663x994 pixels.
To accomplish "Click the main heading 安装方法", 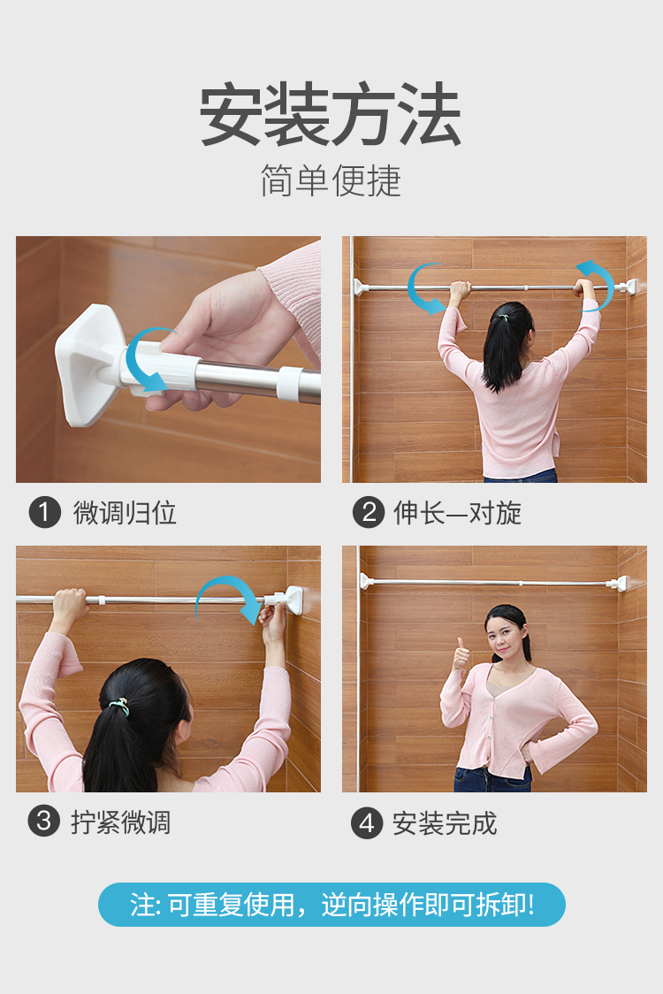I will (331, 115).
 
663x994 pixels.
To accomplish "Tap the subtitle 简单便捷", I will (331, 180).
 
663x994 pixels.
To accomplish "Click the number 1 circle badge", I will (44, 512).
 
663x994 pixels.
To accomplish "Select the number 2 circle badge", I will (368, 512).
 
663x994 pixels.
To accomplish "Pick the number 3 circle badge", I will (44, 822).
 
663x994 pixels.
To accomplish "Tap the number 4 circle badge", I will (368, 822).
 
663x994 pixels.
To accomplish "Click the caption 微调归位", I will (125, 513).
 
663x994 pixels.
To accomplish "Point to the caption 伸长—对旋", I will (457, 513).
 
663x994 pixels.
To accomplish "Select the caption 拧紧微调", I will (120, 822).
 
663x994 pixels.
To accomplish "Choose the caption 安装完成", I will (445, 823).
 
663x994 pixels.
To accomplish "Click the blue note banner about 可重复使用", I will (331, 905).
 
